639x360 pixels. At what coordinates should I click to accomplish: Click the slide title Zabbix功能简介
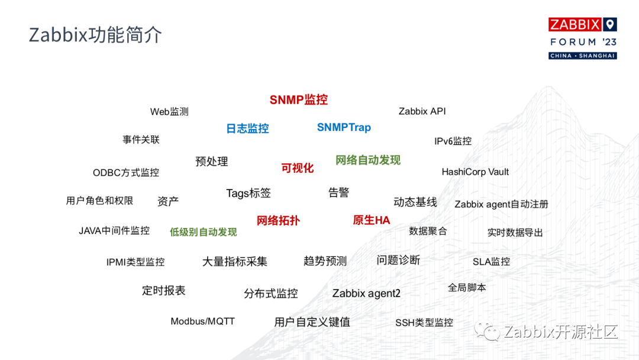point(95,35)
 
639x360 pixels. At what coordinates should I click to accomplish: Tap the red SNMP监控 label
point(299,100)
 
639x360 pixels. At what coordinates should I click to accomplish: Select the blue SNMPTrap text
point(344,128)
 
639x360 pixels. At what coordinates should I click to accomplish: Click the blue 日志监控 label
point(247,128)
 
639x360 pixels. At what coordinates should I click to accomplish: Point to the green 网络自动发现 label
point(368,160)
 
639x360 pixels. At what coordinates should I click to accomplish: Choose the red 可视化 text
point(298,168)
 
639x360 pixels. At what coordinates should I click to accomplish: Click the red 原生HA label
point(371,220)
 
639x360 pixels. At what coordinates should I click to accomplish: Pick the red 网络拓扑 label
point(278,221)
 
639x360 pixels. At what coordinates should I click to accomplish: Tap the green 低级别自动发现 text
point(204,232)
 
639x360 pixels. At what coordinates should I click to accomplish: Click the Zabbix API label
point(422,111)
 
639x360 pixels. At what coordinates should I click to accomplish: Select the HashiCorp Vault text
point(475,172)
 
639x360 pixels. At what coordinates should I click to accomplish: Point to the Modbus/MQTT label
point(202,322)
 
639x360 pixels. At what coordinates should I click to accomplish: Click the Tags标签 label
point(248,193)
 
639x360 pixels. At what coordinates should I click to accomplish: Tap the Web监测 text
point(169,112)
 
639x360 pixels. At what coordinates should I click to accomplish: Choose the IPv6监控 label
point(453,141)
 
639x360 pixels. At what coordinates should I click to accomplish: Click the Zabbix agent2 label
point(366,294)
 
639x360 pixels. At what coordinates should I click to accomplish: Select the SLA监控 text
point(491,262)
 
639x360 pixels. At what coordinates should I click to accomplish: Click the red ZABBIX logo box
point(575,24)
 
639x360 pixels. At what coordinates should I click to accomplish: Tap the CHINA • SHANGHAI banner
point(583,56)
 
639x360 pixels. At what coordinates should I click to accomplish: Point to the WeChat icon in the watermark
point(487,331)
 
